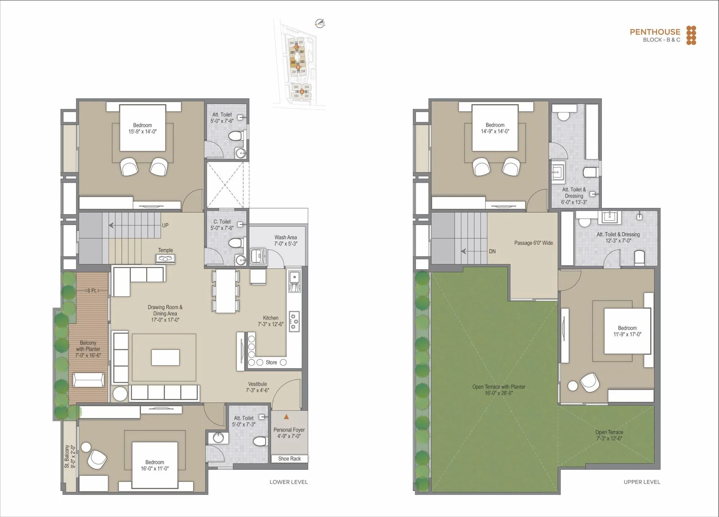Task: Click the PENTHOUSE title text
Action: point(655,32)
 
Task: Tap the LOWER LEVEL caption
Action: point(289,482)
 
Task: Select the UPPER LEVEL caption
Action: point(642,482)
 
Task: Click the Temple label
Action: point(165,250)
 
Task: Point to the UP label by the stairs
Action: point(165,225)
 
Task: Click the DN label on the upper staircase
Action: point(492,251)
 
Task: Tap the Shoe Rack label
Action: point(289,459)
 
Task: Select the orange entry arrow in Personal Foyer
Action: point(286,417)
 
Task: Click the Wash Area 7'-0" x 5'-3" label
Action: point(285,241)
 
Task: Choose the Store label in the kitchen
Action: point(271,363)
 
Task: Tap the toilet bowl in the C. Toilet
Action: point(235,243)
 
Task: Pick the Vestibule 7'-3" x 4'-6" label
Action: point(257,387)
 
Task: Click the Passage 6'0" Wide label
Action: point(533,243)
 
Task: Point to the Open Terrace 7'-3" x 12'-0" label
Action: point(609,435)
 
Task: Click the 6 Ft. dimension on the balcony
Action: point(92,291)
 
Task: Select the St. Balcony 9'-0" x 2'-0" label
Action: point(70,457)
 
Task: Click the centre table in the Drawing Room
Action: point(165,357)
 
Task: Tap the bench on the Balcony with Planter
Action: point(89,380)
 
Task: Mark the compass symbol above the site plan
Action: point(320,24)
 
